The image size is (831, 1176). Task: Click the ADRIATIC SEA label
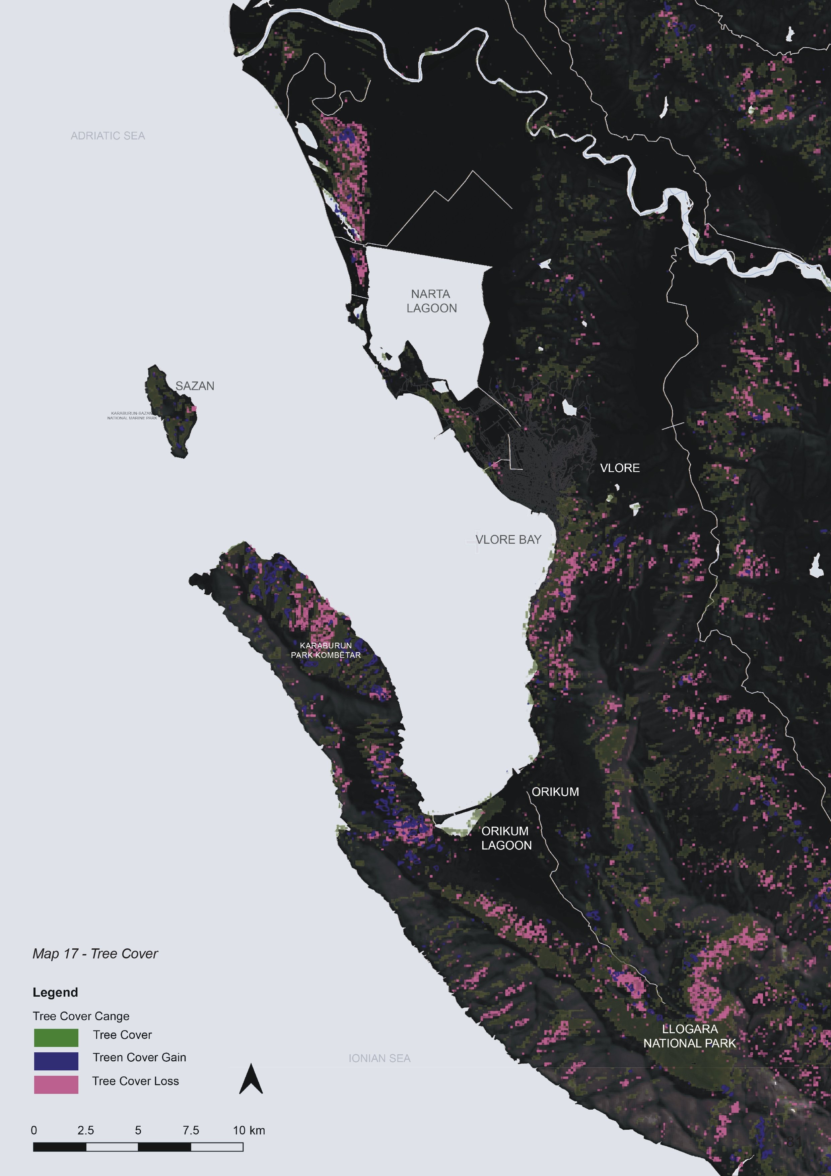click(108, 136)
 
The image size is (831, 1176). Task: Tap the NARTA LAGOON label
click(431, 301)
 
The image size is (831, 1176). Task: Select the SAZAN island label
click(195, 386)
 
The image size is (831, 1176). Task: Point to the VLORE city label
click(619, 468)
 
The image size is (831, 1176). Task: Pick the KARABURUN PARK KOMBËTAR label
click(326, 650)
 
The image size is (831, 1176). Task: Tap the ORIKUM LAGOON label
click(506, 838)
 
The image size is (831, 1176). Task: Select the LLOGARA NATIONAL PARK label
click(689, 1036)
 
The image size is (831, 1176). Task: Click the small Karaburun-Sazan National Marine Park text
click(132, 415)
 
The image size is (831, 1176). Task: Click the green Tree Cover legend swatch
click(56, 1038)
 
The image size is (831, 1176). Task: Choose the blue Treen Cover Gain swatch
click(56, 1061)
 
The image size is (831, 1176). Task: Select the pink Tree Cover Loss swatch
click(56, 1084)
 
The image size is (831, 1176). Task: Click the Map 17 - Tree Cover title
click(95, 954)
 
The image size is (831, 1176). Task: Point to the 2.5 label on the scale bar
click(85, 1130)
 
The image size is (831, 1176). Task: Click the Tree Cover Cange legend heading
click(81, 1016)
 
